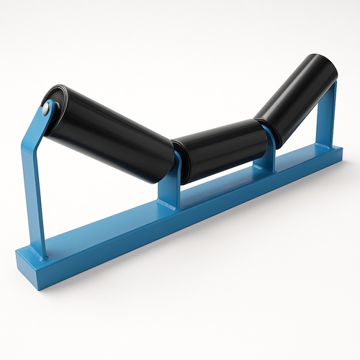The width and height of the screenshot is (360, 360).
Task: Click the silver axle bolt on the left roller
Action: (47, 110)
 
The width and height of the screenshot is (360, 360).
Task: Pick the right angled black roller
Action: (295, 90)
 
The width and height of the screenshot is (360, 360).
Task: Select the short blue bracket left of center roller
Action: (167, 184)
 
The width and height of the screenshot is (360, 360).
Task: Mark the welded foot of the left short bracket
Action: (168, 205)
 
